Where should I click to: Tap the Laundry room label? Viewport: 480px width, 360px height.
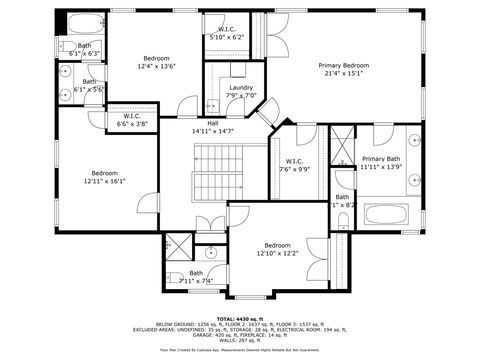tap(240, 91)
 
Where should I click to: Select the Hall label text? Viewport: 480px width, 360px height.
tap(212, 127)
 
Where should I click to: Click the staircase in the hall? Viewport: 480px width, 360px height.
tap(218, 170)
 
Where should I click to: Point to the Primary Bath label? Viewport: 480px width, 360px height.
tap(381, 162)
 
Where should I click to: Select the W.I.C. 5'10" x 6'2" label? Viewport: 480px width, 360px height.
tap(226, 33)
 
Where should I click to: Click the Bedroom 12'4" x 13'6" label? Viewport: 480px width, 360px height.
tap(155, 62)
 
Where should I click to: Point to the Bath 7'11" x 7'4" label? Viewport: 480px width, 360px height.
tap(196, 276)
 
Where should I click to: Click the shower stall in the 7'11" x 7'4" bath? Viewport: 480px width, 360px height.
tap(178, 245)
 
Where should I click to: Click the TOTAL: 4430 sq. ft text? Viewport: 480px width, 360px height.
tap(240, 318)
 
